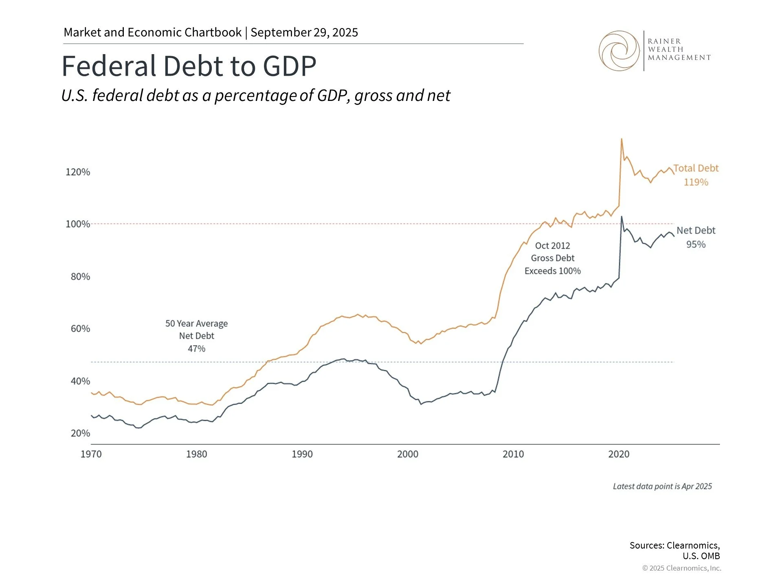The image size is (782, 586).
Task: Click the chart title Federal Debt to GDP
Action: tap(189, 66)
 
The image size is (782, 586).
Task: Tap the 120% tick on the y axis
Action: tap(78, 172)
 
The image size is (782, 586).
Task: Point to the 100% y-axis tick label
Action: tap(78, 224)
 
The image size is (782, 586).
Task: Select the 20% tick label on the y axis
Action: tap(80, 433)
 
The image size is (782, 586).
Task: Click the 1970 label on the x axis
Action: tap(91, 454)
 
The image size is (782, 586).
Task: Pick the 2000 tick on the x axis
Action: tap(408, 454)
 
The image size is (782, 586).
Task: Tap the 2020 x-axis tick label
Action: tap(619, 454)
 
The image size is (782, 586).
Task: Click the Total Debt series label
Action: tap(696, 168)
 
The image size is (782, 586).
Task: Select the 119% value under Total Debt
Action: tap(696, 182)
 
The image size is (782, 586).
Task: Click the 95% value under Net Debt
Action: tap(696, 245)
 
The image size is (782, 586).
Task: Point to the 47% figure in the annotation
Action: tap(196, 349)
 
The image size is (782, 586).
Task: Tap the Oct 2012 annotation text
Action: tap(552, 246)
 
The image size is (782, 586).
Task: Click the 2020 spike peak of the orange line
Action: tap(621, 139)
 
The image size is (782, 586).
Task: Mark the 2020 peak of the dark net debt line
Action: tap(621, 217)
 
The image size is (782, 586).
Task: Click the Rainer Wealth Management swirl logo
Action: tap(619, 51)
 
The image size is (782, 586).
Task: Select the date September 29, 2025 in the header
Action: tap(304, 33)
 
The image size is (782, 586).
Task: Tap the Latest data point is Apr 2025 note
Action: tap(662, 486)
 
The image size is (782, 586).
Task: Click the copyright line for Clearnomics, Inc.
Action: tap(681, 568)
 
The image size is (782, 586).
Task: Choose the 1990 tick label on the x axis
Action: tap(302, 454)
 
